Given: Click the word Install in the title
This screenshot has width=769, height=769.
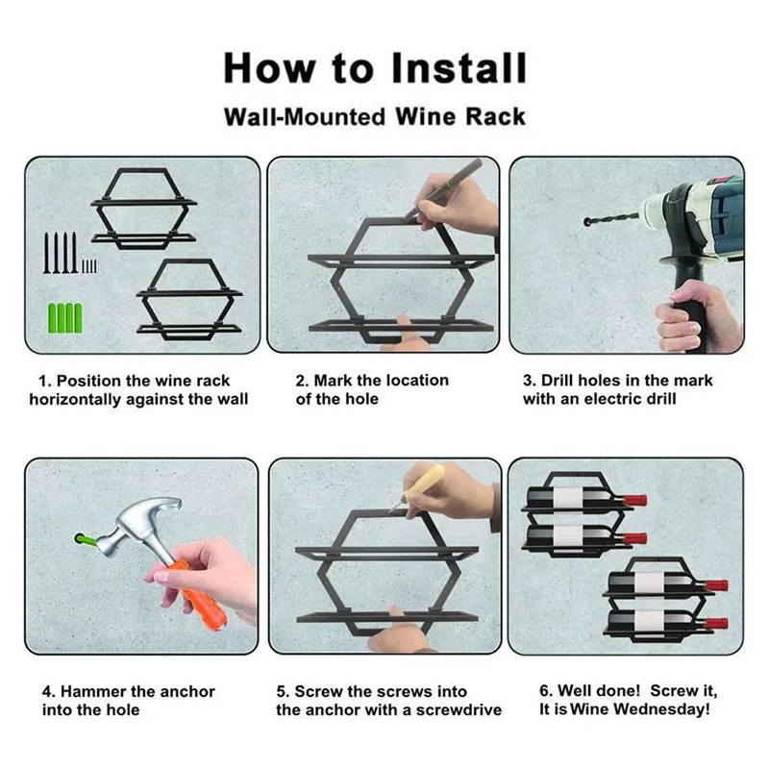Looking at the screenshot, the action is click(459, 67).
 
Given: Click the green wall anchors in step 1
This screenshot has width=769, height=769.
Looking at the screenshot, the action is click(65, 318).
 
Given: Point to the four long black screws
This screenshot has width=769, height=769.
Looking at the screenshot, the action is click(61, 253).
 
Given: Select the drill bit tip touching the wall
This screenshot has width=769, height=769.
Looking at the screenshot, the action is click(587, 222).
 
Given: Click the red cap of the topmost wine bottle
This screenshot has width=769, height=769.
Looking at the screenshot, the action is click(636, 500).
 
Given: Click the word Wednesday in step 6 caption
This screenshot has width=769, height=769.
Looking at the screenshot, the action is click(661, 709).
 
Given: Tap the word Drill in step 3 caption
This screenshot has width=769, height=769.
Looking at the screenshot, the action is click(558, 380).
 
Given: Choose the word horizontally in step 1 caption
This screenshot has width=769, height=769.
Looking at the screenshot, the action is click(75, 399).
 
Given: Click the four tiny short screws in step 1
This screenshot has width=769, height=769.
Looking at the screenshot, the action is click(89, 266).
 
